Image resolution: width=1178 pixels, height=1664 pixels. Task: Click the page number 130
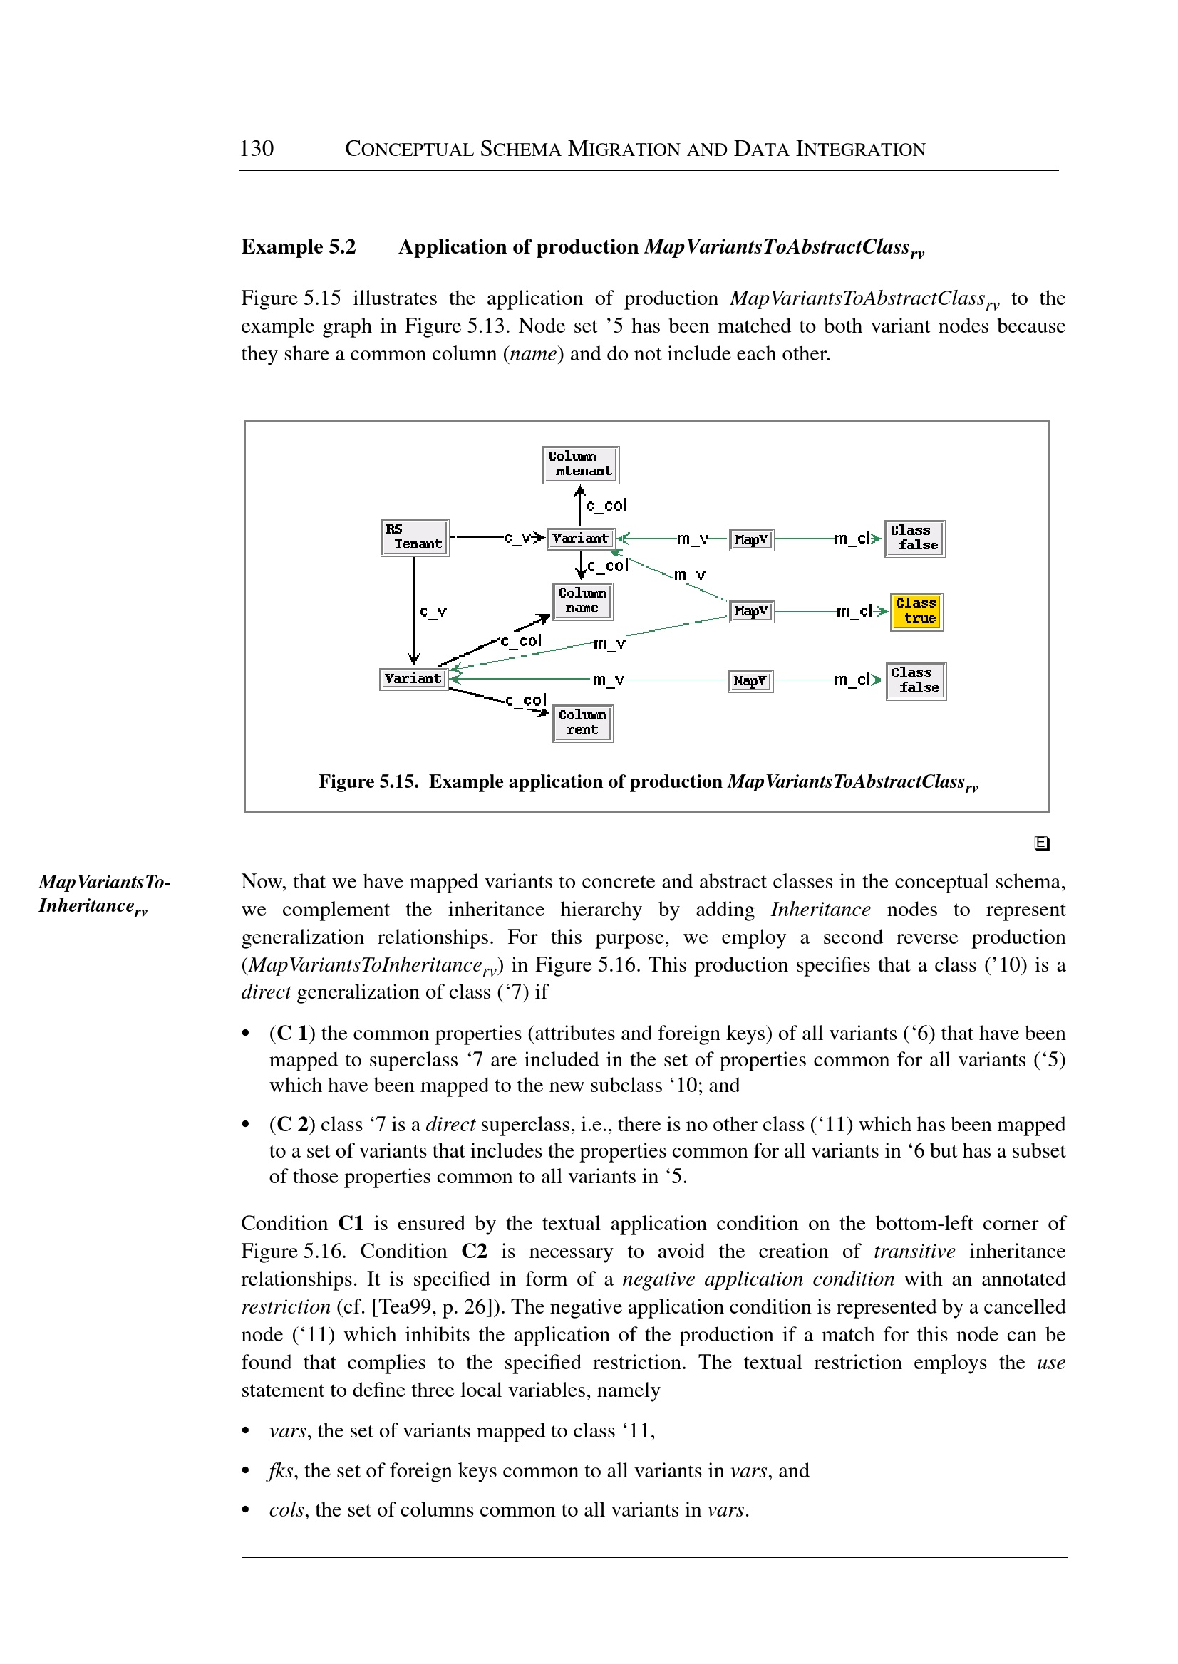click(256, 149)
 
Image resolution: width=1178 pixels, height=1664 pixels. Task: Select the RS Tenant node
click(414, 537)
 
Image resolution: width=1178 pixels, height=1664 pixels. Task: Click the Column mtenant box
click(580, 464)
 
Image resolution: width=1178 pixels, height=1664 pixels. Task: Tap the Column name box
click(582, 601)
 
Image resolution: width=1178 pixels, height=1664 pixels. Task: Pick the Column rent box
click(582, 723)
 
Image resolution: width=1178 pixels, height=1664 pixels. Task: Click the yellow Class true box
click(916, 611)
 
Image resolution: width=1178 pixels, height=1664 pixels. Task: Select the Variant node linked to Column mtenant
click(580, 539)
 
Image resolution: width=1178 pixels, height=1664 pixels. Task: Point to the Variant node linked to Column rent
click(413, 679)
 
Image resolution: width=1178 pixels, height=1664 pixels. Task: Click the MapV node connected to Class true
click(750, 611)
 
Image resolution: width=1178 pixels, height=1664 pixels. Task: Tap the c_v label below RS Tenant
click(433, 611)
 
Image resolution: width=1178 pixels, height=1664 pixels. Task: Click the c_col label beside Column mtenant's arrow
click(606, 504)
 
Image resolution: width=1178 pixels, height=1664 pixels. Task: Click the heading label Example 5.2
click(299, 247)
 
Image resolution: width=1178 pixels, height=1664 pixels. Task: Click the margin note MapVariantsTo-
click(105, 882)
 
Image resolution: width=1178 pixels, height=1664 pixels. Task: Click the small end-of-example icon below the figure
click(1042, 843)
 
